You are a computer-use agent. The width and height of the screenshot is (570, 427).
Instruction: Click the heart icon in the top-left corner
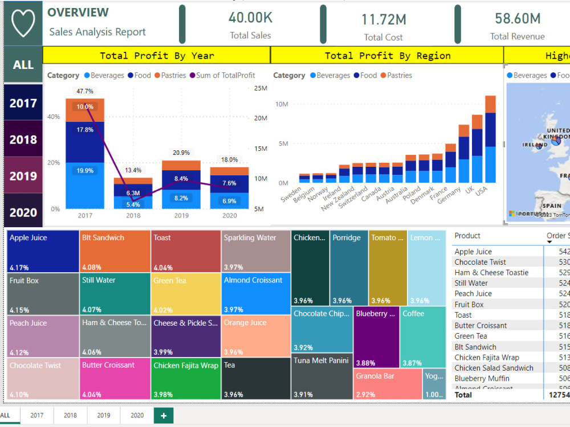coord(23,23)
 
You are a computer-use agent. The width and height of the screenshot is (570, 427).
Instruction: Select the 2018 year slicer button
coord(23,139)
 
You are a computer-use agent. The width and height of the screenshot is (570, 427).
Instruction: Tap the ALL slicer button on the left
coord(23,65)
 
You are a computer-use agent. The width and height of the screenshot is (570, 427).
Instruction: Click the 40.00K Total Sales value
coord(250,18)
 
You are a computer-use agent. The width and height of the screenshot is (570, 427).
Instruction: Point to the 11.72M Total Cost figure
coord(384,20)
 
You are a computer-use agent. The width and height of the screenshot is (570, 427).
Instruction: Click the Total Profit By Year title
coord(157,56)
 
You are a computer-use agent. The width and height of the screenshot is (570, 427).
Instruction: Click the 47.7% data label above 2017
coord(85,91)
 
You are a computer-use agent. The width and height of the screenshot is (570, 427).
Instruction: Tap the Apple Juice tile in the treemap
coord(43,251)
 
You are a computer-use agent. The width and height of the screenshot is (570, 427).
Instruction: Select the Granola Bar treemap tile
coord(388,384)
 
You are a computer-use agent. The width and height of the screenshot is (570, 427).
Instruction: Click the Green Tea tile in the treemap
coord(185,294)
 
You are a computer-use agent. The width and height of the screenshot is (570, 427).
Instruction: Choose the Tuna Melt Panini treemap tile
coord(322,376)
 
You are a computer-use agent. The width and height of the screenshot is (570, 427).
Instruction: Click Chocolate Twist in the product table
coord(480,262)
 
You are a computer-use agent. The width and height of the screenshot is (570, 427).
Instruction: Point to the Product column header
coord(467,236)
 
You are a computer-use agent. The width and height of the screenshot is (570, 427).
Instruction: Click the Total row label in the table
coord(463,395)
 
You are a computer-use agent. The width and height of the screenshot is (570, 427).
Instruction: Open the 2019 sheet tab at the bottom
coord(104,416)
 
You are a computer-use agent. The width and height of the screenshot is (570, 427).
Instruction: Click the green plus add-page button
coord(164,416)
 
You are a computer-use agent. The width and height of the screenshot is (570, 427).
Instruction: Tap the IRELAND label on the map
coord(535,145)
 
